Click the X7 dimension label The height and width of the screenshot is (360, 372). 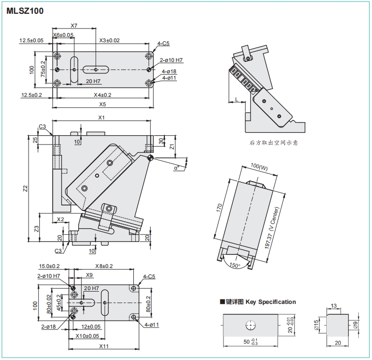pyautogui.click(x=74, y=25)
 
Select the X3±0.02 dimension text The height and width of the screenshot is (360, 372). pyautogui.click(x=109, y=40)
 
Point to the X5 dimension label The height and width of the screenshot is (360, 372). pyautogui.click(x=102, y=105)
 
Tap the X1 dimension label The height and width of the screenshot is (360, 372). pyautogui.click(x=101, y=118)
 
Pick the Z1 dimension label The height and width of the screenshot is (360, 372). pyautogui.click(x=171, y=147)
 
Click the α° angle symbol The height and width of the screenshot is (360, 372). pyautogui.click(x=177, y=167)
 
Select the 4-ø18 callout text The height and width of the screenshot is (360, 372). pyautogui.click(x=169, y=71)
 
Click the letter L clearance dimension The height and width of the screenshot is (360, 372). pyautogui.click(x=237, y=99)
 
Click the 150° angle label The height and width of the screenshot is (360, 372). pyautogui.click(x=234, y=266)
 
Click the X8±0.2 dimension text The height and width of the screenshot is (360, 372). pyautogui.click(x=105, y=266)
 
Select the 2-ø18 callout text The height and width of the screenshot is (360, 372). pyautogui.click(x=48, y=327)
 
